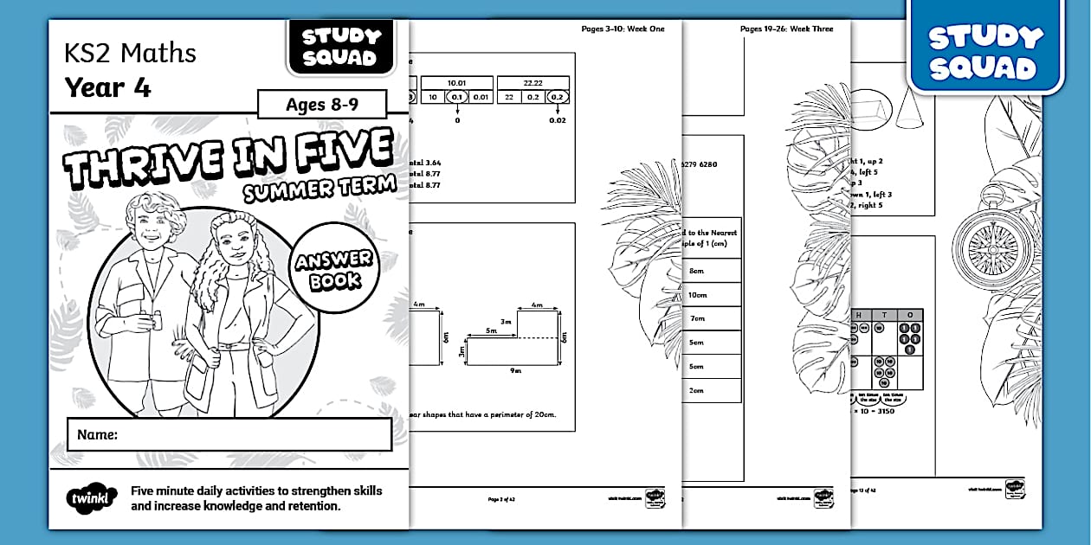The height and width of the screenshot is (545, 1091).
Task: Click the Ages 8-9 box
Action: [322, 106]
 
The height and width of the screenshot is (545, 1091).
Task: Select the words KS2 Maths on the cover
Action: [130, 54]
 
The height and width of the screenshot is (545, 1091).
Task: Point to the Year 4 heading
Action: [107, 87]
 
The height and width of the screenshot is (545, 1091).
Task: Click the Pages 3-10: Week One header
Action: [623, 29]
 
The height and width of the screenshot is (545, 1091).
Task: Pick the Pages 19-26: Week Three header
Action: [786, 29]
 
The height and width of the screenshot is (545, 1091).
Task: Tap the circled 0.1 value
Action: [457, 97]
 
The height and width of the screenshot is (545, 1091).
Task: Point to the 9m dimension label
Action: [515, 370]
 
